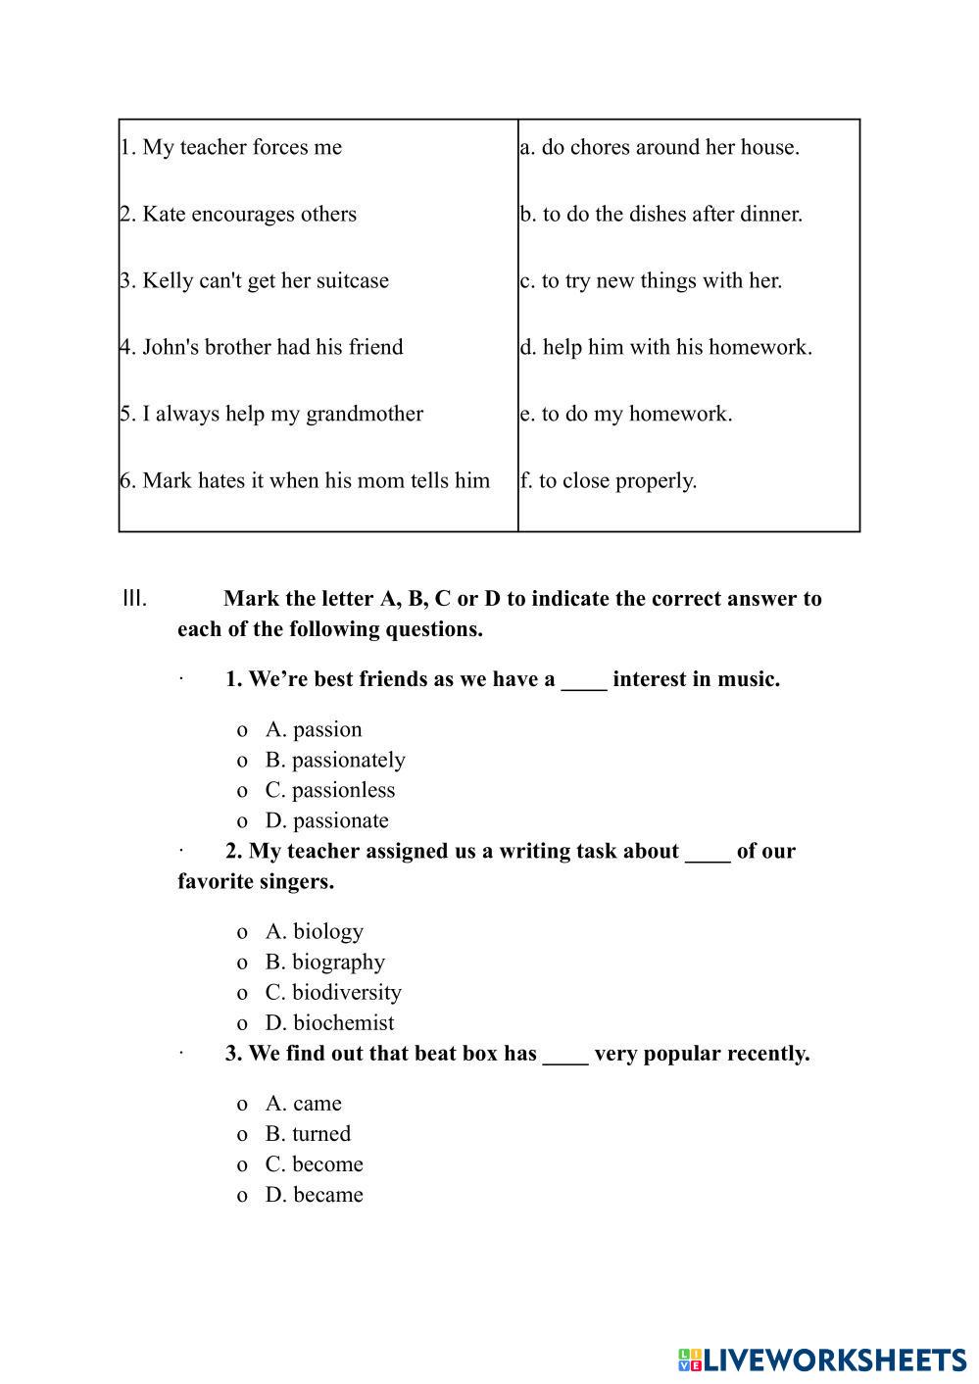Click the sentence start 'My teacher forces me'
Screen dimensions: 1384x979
[x=231, y=147]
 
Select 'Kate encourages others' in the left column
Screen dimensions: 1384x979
[x=238, y=214]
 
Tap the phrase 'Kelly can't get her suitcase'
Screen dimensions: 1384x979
[x=255, y=280]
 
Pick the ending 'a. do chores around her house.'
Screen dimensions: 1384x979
[x=660, y=147]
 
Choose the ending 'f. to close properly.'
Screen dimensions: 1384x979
[x=609, y=480]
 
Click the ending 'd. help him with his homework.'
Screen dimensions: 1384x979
[x=666, y=347]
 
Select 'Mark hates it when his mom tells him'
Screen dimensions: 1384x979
[x=305, y=480]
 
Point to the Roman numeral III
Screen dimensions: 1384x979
[x=134, y=598]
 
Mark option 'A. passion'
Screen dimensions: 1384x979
[x=314, y=729]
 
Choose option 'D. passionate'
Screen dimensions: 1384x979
[x=326, y=820]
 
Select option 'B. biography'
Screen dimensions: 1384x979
[x=325, y=962]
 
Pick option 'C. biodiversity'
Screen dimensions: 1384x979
[x=333, y=992]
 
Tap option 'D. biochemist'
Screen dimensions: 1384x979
[x=329, y=1022]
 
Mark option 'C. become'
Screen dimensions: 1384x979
[x=314, y=1163]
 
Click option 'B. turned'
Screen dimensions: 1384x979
[x=308, y=1133]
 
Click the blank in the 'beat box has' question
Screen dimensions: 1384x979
[x=565, y=1056]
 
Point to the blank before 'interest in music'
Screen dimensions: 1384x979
[x=584, y=681]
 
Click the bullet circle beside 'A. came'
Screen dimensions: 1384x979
[x=242, y=1104]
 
